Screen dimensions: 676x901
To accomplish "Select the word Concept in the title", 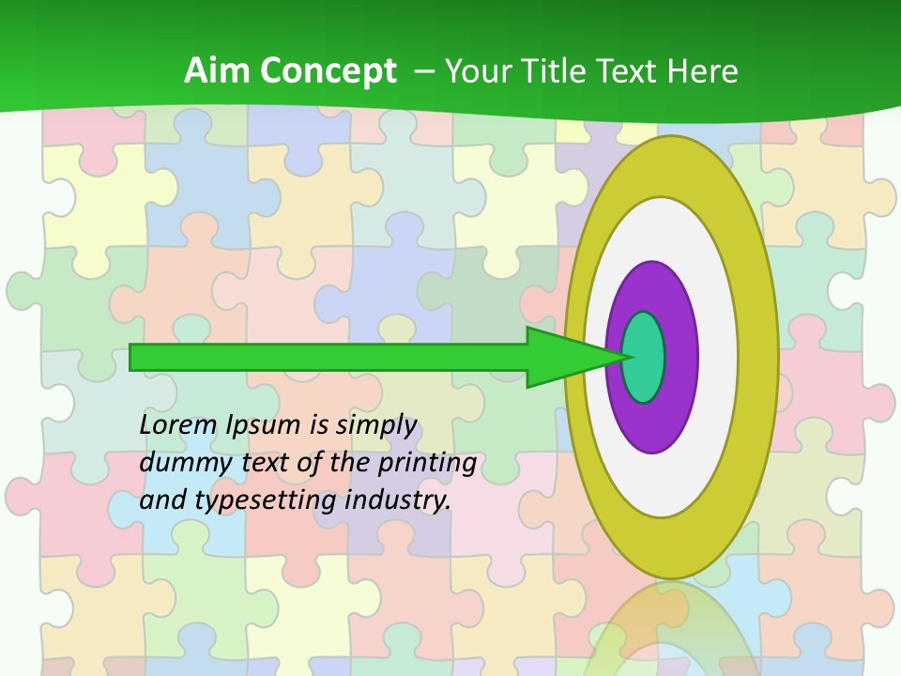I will pyautogui.click(x=327, y=71).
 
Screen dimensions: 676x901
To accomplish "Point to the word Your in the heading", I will pyautogui.click(x=477, y=71).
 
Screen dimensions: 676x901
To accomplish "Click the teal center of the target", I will pyautogui.click(x=644, y=358).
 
